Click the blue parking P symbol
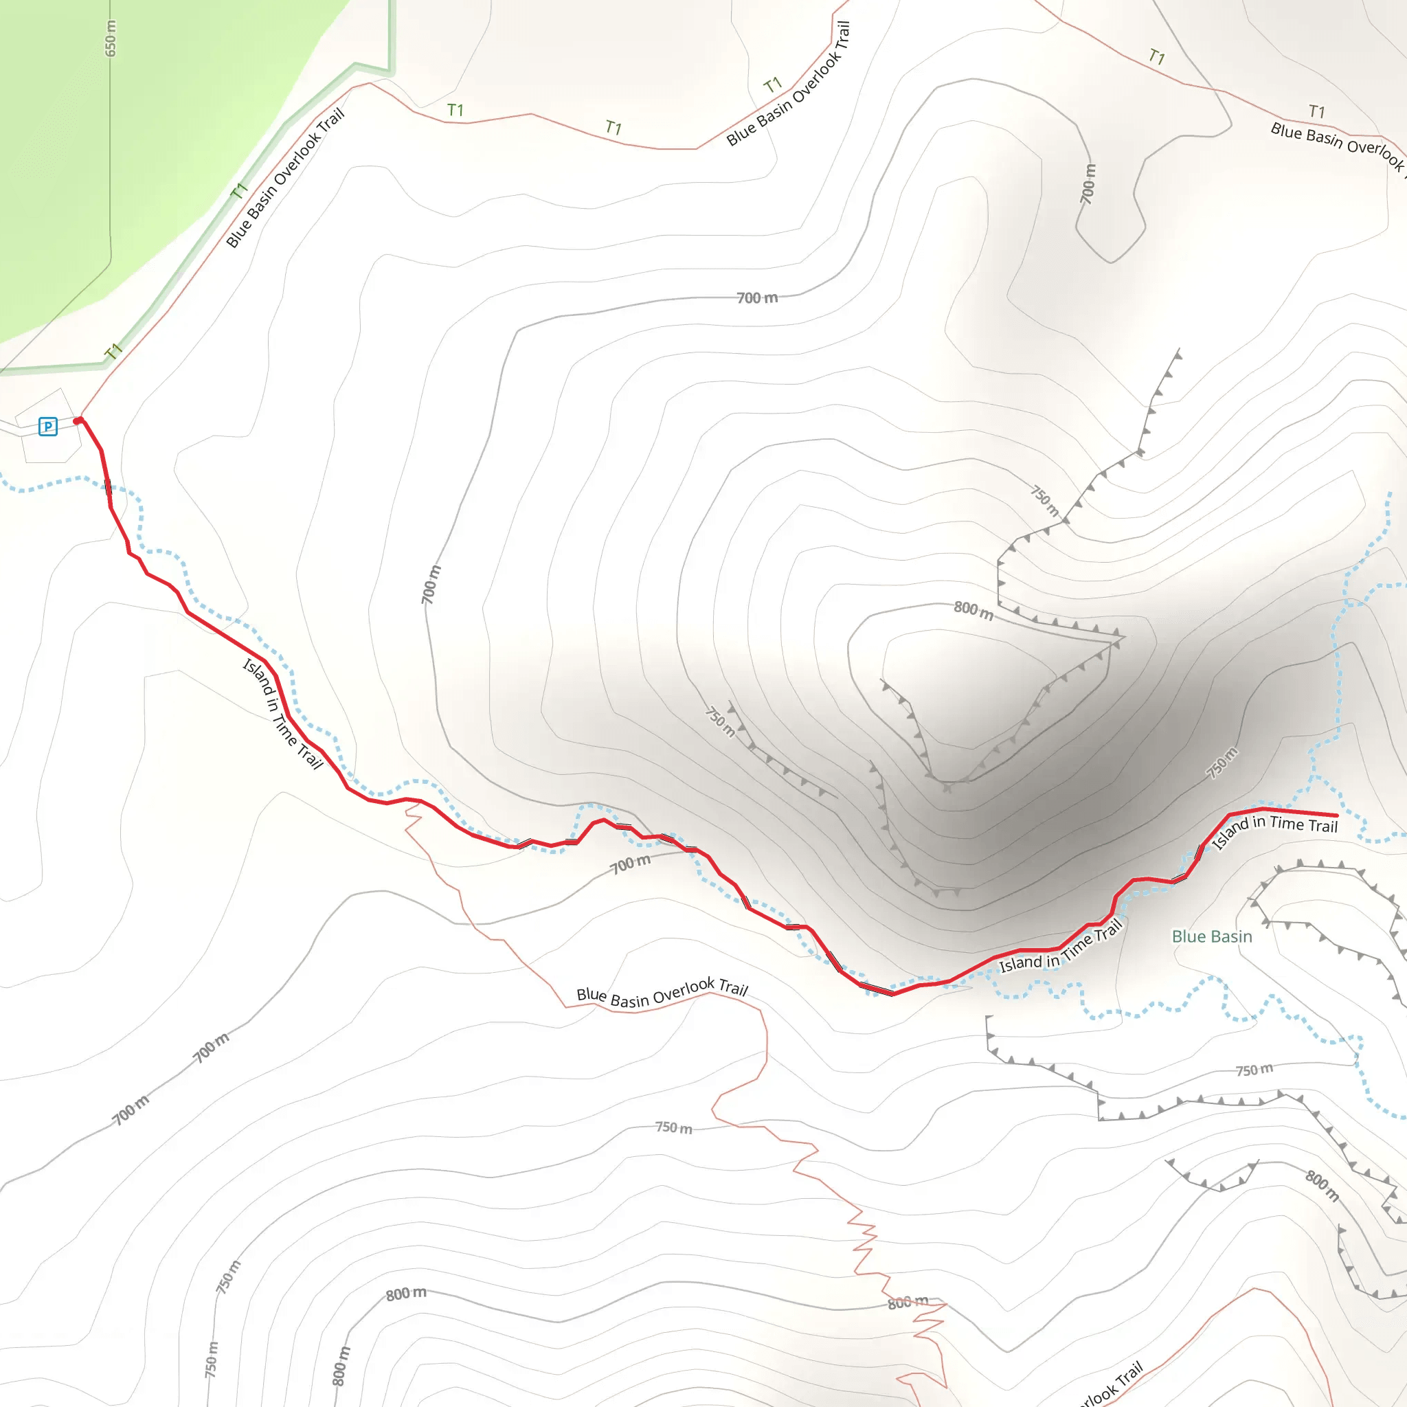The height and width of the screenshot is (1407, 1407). (48, 426)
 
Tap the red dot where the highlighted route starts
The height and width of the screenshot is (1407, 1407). (78, 421)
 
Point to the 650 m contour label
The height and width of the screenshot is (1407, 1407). (110, 38)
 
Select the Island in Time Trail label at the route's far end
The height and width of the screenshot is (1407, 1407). (1274, 829)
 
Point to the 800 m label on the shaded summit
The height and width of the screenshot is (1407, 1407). (973, 610)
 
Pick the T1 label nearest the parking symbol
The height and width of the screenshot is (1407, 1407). (113, 352)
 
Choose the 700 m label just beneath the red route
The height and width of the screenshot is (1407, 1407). (630, 864)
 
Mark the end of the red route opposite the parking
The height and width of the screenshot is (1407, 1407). (1336, 815)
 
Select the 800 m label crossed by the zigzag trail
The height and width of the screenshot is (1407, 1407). (908, 1301)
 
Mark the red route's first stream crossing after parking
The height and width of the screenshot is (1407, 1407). (108, 486)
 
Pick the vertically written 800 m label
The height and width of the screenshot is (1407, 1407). (341, 1366)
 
